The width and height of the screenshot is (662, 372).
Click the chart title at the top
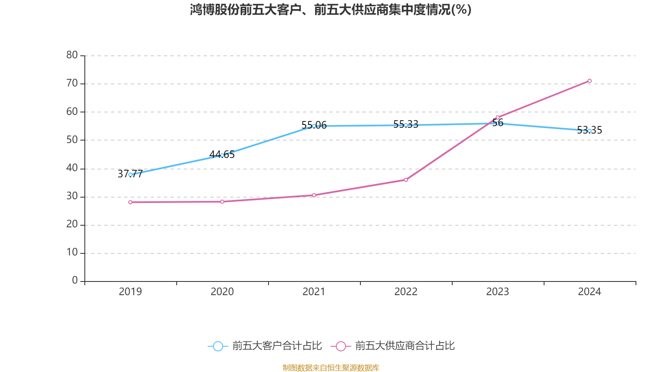click(x=331, y=10)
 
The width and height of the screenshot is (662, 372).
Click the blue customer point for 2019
click(x=130, y=175)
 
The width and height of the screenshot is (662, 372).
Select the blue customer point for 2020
click(x=222, y=155)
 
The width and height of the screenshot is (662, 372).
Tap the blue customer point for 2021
click(x=314, y=126)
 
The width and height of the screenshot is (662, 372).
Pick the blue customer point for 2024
click(x=590, y=131)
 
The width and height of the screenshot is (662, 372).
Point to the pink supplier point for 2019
click(x=130, y=202)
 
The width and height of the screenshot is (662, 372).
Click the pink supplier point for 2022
click(x=406, y=180)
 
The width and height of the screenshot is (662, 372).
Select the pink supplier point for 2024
click(x=590, y=81)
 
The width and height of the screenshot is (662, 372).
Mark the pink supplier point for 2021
click(x=314, y=195)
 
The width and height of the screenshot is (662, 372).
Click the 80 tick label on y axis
click(x=72, y=55)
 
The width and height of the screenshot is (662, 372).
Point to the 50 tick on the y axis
click(x=72, y=140)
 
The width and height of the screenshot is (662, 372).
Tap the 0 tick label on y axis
click(x=75, y=281)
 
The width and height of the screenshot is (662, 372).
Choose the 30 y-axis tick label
click(x=72, y=196)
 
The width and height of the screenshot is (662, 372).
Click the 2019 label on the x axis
click(x=130, y=292)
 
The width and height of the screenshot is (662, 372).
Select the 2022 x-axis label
click(x=406, y=292)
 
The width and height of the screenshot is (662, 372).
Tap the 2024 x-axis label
click(x=590, y=292)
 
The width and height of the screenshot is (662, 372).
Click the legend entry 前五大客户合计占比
click(x=276, y=346)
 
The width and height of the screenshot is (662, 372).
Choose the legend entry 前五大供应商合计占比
click(x=405, y=346)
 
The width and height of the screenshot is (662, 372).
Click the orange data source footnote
click(x=331, y=367)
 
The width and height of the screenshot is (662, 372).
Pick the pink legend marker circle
click(x=341, y=346)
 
